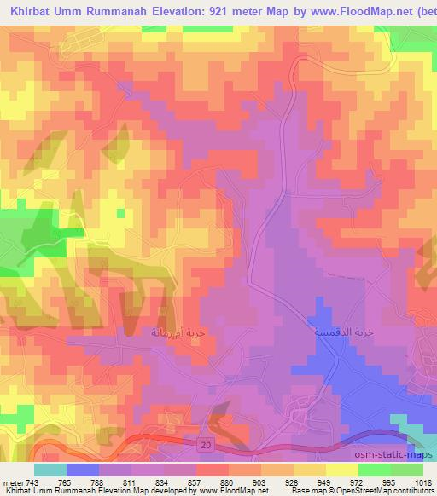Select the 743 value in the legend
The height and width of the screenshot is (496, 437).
point(32,482)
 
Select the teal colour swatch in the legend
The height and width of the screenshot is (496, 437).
point(50,470)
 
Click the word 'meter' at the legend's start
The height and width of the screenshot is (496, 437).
point(12,482)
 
